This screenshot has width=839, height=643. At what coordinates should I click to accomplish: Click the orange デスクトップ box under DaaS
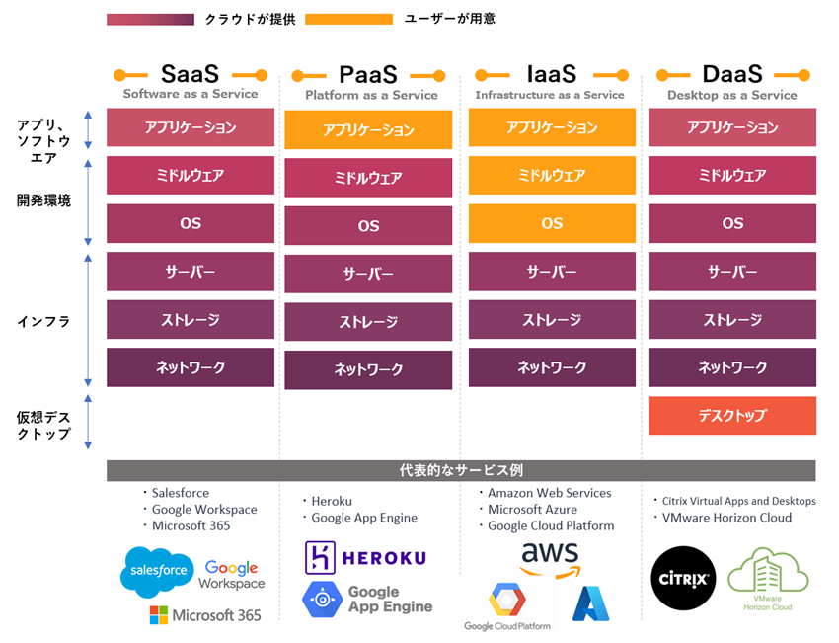(x=732, y=416)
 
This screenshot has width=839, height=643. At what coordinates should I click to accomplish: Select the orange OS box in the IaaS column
(x=552, y=223)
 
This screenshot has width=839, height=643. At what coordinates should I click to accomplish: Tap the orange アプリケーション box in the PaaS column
(x=368, y=130)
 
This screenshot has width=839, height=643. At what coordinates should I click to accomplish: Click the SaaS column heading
(x=191, y=74)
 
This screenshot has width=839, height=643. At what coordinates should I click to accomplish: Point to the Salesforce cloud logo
(x=157, y=570)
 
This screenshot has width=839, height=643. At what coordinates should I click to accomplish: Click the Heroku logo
(x=366, y=557)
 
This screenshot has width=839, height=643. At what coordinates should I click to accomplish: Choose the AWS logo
(x=550, y=559)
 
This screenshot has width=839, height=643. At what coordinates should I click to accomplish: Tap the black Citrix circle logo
(x=684, y=578)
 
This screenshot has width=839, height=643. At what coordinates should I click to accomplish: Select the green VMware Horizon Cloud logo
(x=768, y=579)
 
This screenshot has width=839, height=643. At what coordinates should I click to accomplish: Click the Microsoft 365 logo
(x=205, y=615)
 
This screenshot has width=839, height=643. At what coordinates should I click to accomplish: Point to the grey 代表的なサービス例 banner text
(x=461, y=470)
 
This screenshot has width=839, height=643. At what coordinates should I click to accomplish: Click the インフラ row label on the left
(x=43, y=321)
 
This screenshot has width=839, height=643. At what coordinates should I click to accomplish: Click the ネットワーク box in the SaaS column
(x=191, y=367)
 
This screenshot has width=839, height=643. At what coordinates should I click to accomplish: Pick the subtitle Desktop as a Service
(x=732, y=96)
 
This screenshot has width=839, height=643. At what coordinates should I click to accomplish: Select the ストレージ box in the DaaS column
(x=732, y=320)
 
